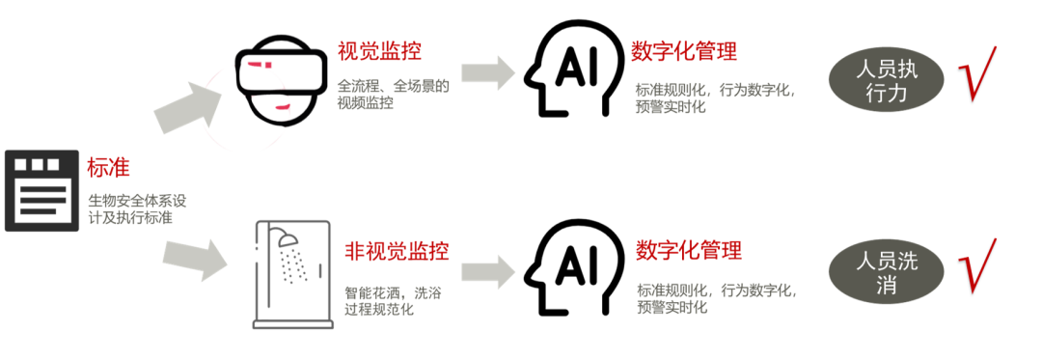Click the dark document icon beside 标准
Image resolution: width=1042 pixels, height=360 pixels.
[41, 190]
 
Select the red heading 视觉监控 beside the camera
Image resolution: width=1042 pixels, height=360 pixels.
[380, 50]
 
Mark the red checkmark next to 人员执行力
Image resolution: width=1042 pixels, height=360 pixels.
[976, 73]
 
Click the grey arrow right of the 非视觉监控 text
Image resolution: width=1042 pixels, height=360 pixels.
[488, 269]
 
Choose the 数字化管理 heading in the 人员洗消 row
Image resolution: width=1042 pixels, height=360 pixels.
[689, 251]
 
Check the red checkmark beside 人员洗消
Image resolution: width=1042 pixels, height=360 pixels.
[976, 266]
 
